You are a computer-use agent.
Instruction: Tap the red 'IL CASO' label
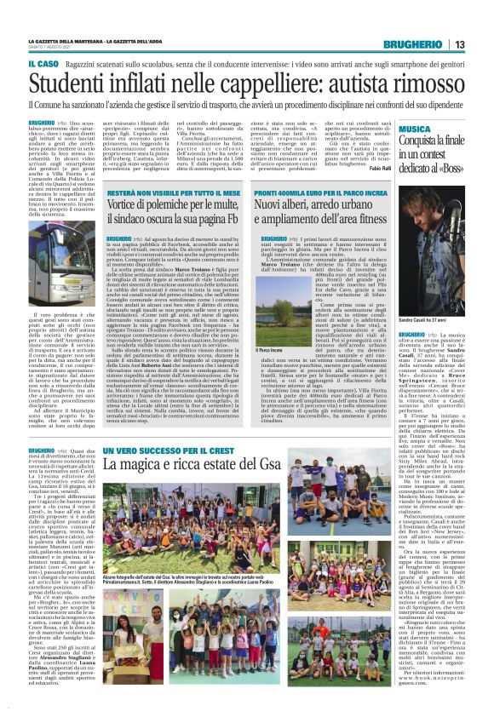[43, 64]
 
